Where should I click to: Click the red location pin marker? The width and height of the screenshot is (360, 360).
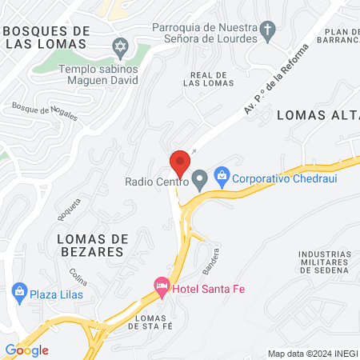(180, 163)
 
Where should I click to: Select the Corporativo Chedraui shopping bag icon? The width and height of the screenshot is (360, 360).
(223, 174)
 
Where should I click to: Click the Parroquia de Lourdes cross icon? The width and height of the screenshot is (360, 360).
(267, 32)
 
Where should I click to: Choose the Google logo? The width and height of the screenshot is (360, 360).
(26, 350)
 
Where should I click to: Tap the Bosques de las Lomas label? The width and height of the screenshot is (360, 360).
(46, 37)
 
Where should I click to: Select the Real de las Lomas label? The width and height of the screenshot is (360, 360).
(211, 79)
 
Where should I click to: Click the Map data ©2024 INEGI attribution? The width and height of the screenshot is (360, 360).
(312, 354)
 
